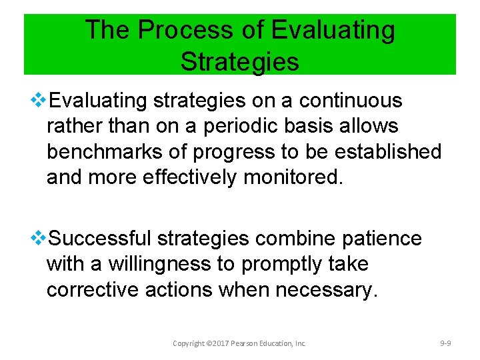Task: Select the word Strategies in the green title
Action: point(239,61)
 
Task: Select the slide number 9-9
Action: point(446,343)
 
